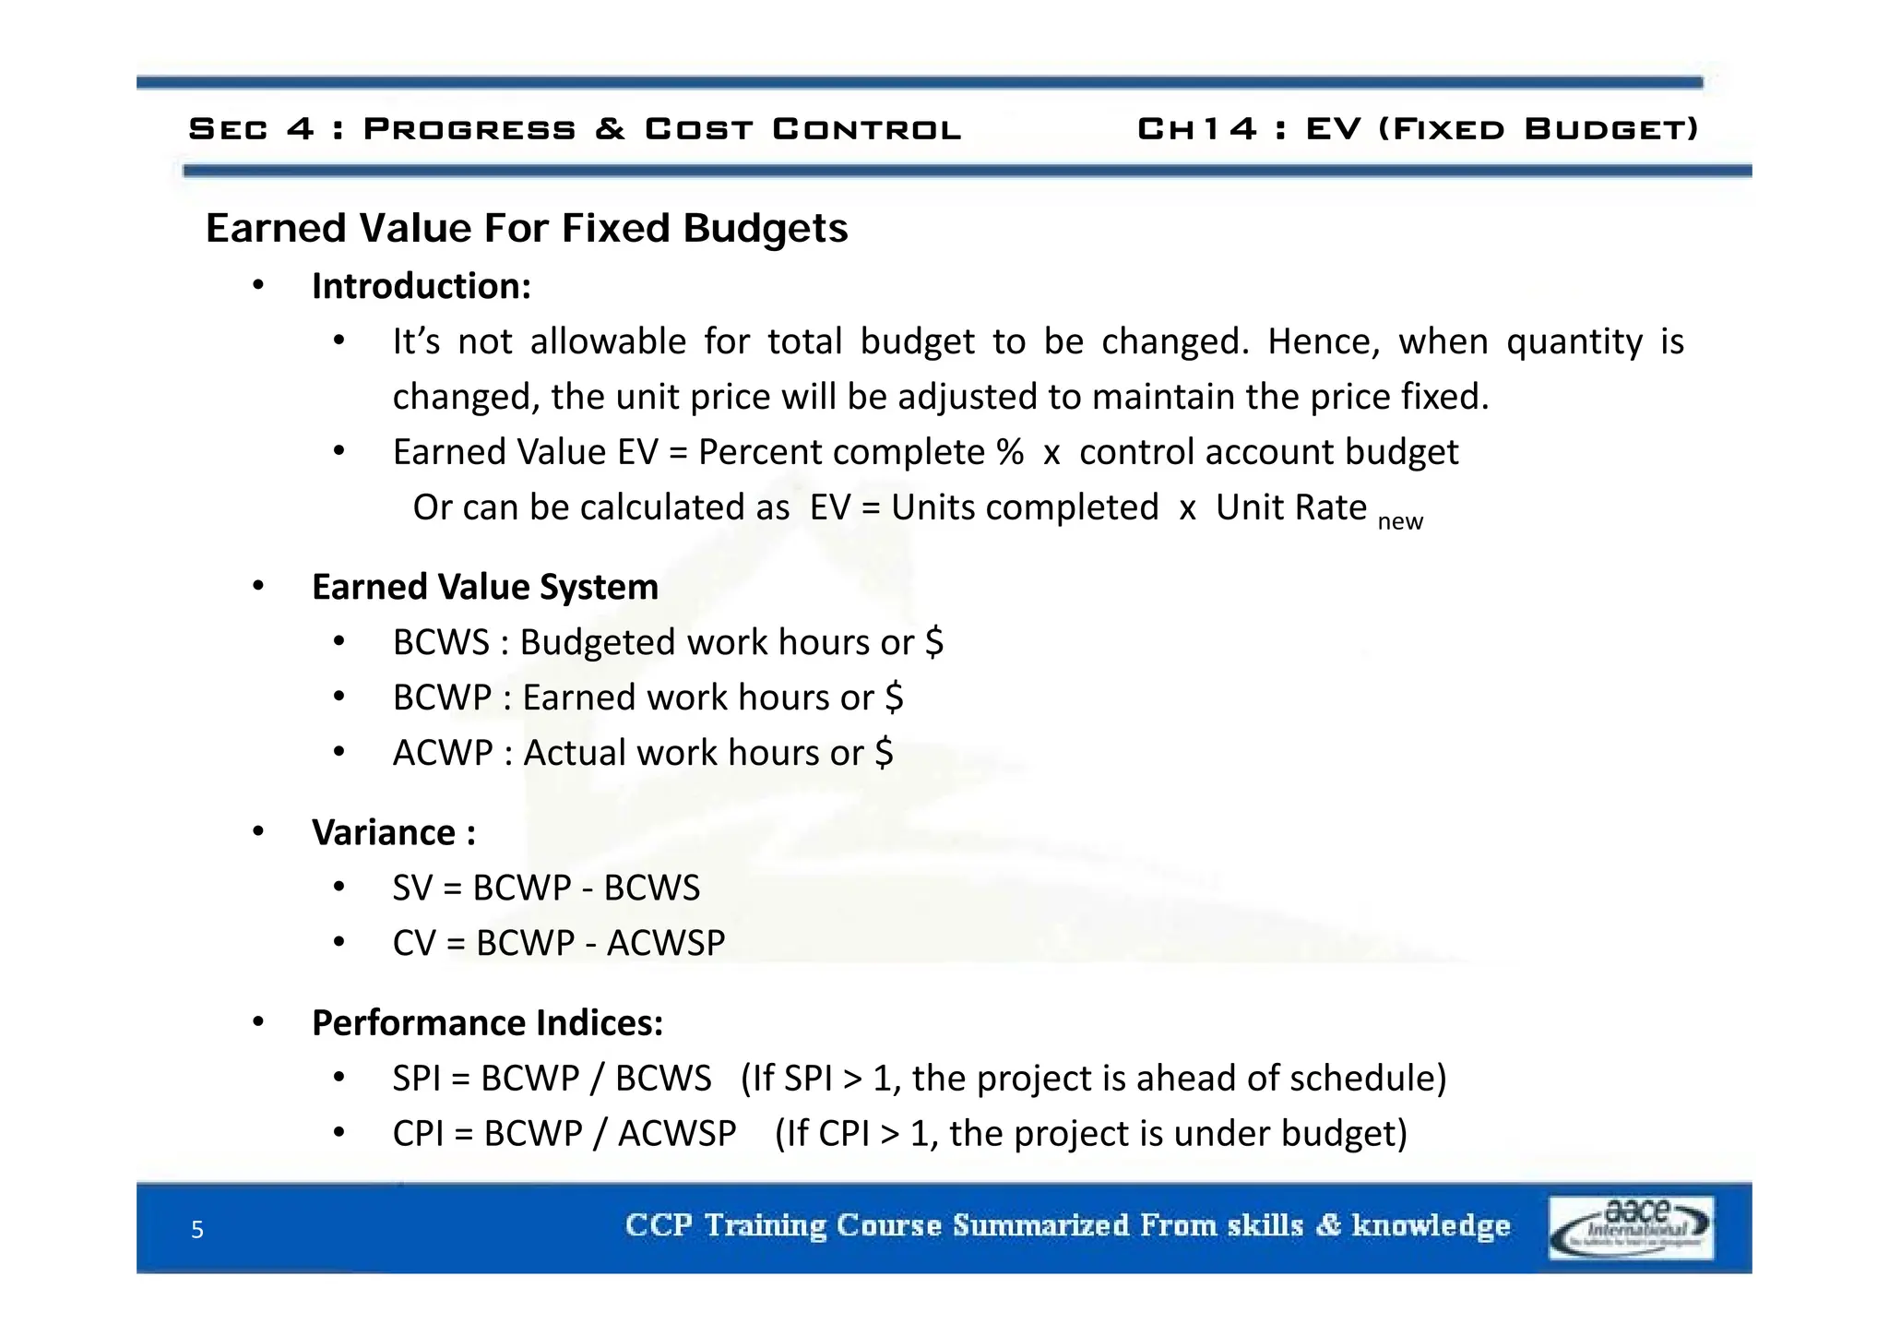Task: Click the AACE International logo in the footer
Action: [x=1631, y=1227]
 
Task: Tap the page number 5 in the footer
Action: [x=196, y=1229]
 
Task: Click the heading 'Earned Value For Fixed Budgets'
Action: [x=526, y=228]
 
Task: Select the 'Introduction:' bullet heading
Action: [x=421, y=286]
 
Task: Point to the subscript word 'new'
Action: [x=1399, y=522]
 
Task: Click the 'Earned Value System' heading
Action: [x=485, y=587]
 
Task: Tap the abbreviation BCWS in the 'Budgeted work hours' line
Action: [x=441, y=642]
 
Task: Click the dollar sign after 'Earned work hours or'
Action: [x=893, y=698]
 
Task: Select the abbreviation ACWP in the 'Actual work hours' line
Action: [x=443, y=753]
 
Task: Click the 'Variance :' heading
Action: [x=394, y=832]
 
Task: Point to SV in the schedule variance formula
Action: [x=412, y=888]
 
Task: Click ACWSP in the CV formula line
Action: [x=666, y=943]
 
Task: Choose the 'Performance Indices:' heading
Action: [x=487, y=1022]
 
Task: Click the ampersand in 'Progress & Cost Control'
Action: [x=610, y=129]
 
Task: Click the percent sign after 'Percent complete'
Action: [x=1010, y=452]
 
